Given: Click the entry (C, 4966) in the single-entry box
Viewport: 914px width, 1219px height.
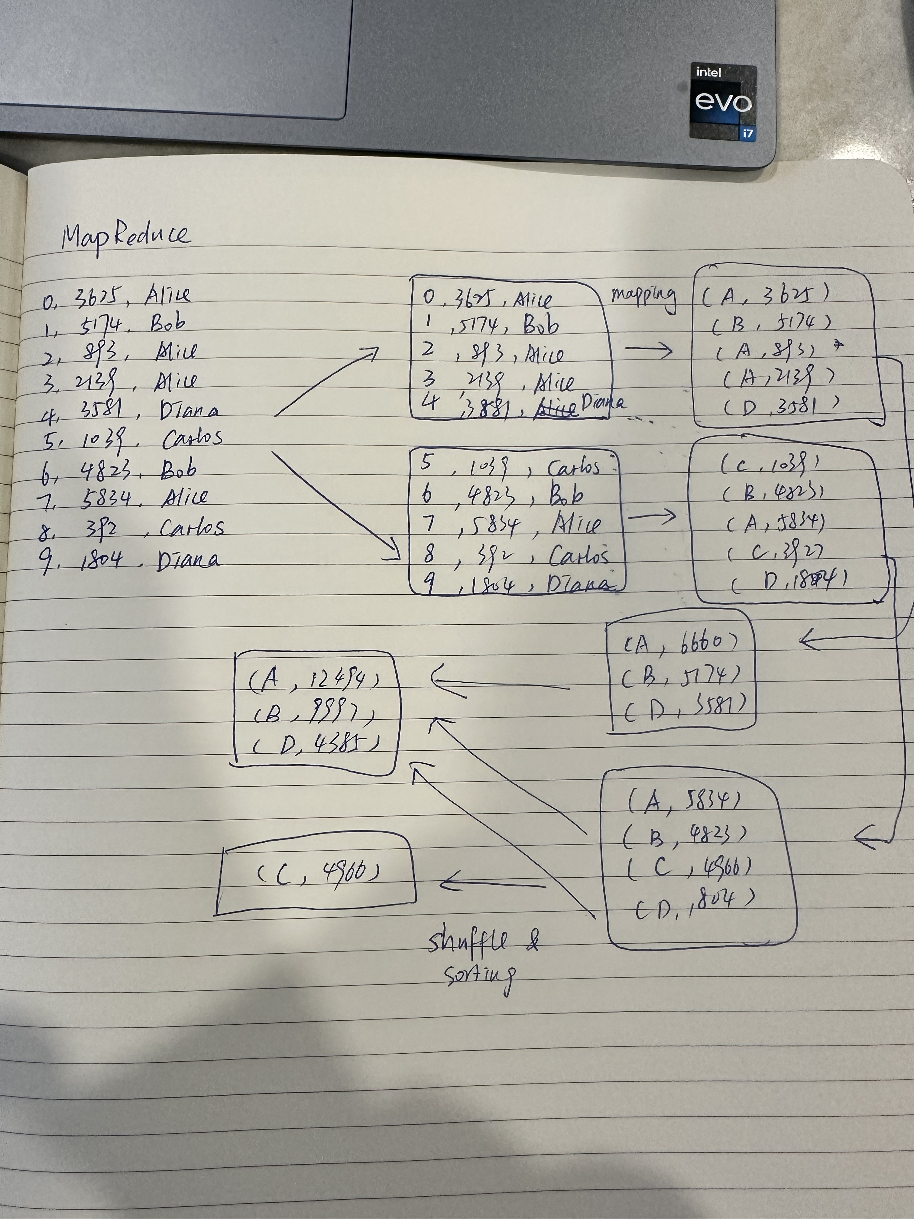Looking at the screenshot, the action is tap(319, 872).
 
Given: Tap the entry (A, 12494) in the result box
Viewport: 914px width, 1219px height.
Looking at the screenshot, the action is tap(314, 683).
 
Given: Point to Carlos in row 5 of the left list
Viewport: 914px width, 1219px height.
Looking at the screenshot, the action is tap(193, 438).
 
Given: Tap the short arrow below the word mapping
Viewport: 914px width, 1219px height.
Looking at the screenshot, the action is tap(648, 350).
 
